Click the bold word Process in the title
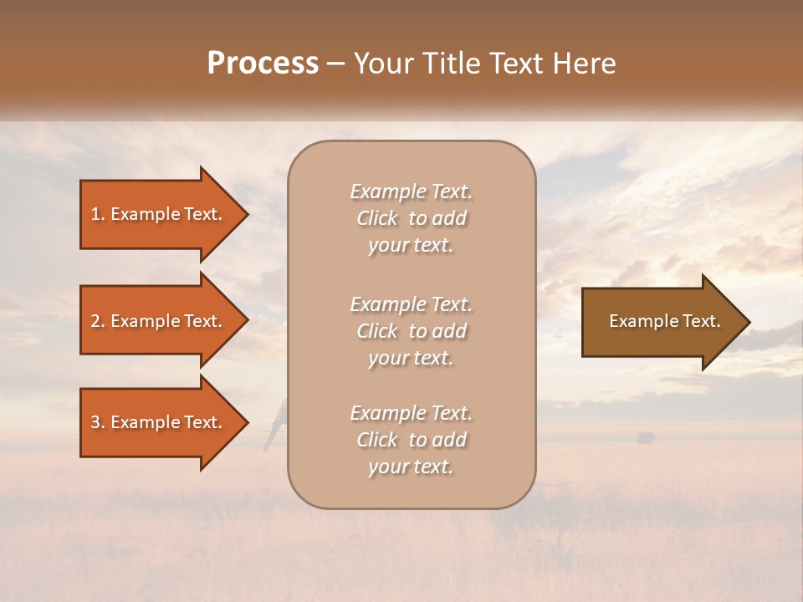pos(263,64)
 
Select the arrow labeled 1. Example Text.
pos(156,214)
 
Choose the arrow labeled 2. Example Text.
pos(156,321)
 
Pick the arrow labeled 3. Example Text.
pos(156,422)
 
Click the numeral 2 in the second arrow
pos(95,321)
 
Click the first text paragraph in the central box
pos(411,218)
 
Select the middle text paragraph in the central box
pos(411,331)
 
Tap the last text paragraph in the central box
pos(411,440)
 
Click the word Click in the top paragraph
pos(377,218)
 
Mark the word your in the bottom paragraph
pos(386,467)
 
